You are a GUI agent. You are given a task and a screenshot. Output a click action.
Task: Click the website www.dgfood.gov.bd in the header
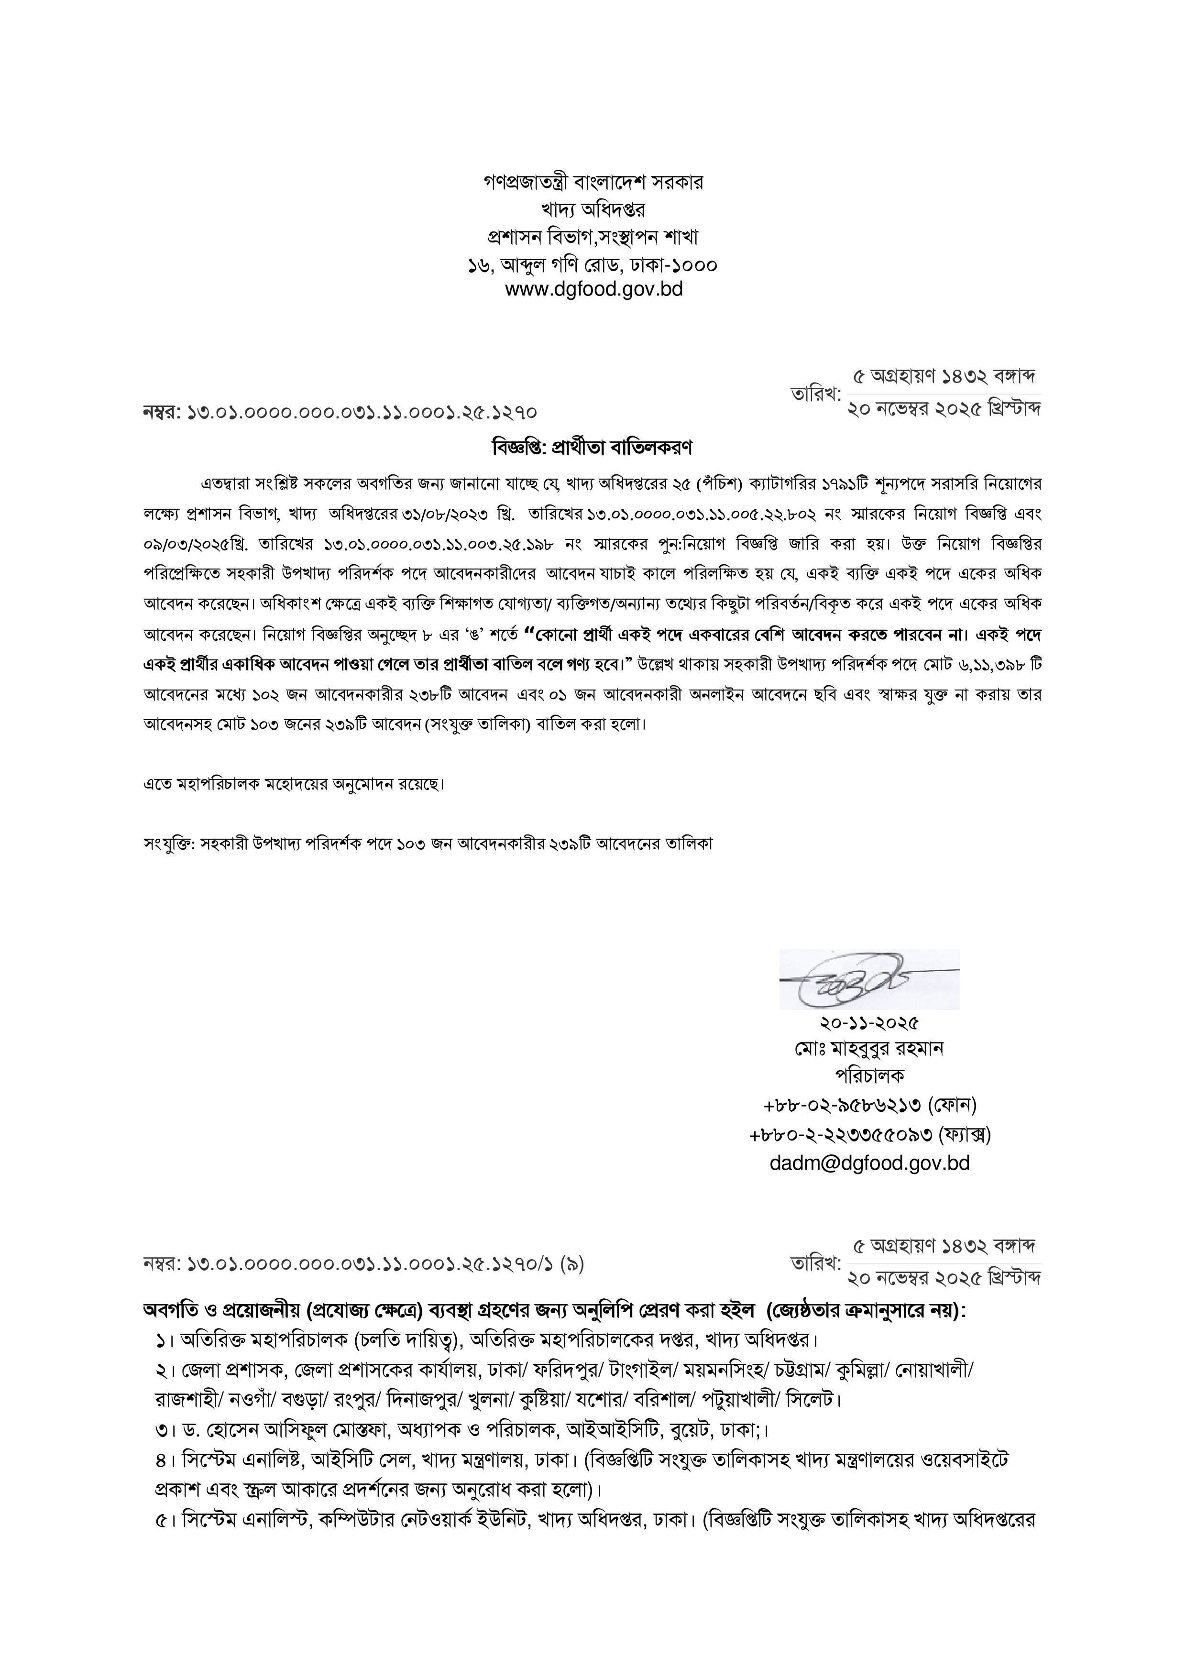593,289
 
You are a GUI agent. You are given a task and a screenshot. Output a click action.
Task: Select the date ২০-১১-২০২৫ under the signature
869,1022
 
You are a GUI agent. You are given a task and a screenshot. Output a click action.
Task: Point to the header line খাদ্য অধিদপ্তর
593,210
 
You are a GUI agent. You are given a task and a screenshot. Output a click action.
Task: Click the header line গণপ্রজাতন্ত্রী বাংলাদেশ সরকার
593,183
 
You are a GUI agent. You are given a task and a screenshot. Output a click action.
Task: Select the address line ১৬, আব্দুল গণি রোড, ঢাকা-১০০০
593,264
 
